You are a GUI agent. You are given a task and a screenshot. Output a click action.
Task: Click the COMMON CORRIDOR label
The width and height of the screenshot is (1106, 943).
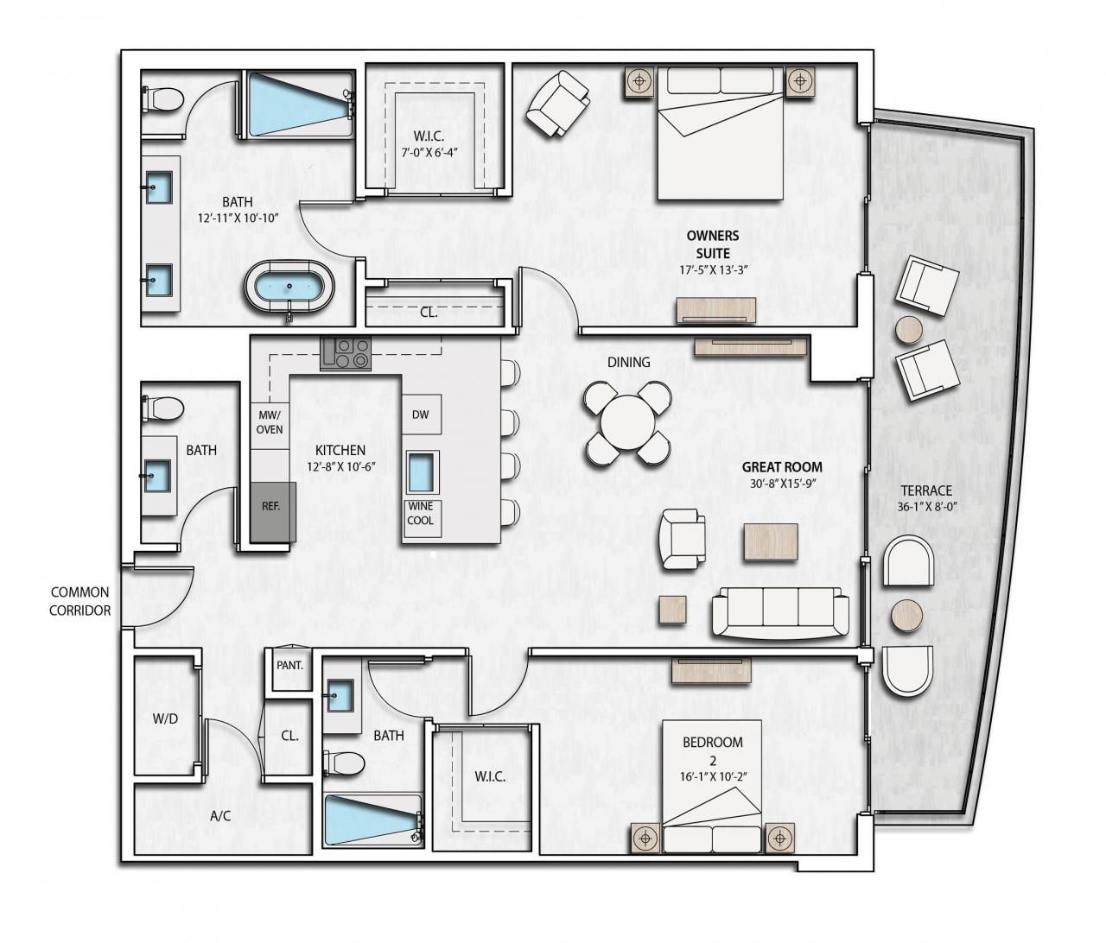point(79,601)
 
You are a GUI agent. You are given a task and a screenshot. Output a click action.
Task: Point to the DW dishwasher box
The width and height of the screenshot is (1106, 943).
point(420,415)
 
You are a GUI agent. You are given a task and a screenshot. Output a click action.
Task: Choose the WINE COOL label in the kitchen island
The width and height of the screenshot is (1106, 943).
point(421,515)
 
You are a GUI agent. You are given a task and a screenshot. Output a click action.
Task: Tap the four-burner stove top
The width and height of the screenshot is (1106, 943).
point(345,353)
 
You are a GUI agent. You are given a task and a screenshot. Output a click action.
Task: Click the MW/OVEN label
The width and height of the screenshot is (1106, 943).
point(270,422)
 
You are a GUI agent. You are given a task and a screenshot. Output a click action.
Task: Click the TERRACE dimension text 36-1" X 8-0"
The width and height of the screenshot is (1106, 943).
point(930,507)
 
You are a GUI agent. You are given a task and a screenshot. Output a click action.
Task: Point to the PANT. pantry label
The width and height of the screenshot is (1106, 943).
point(289,666)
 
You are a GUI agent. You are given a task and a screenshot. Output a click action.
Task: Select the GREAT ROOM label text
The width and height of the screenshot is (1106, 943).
point(782,467)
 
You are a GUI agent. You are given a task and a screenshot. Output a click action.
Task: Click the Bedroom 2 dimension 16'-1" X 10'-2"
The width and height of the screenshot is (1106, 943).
point(713,776)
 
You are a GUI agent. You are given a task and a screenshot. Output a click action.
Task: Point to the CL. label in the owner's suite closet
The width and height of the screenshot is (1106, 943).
point(429,313)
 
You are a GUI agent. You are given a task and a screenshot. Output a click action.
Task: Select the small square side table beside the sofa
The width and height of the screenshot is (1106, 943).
point(673,610)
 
